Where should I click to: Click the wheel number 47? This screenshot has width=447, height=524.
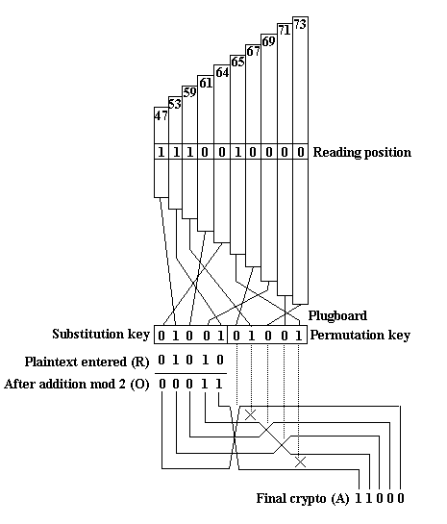click(x=161, y=115)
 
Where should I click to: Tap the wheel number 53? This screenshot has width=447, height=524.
click(x=175, y=104)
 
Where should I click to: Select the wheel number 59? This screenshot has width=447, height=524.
click(x=189, y=92)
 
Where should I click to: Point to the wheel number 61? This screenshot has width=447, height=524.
click(x=206, y=83)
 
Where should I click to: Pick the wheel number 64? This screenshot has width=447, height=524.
click(x=222, y=72)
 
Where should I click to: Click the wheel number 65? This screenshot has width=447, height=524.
click(x=237, y=62)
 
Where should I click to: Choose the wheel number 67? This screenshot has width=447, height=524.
click(x=253, y=51)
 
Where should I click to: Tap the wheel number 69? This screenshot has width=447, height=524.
click(x=268, y=41)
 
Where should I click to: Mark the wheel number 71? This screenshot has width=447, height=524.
click(x=285, y=31)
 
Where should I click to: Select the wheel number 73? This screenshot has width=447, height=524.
click(x=300, y=24)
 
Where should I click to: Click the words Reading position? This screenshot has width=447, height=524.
click(x=362, y=152)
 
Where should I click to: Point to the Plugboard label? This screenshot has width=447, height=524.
click(x=337, y=315)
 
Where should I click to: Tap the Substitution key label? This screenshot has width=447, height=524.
click(x=101, y=335)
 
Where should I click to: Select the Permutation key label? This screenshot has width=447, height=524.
click(x=360, y=336)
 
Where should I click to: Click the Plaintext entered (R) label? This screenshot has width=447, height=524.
click(x=87, y=362)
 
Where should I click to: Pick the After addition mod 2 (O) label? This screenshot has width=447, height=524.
click(x=77, y=384)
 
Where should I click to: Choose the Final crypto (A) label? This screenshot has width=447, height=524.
click(x=303, y=499)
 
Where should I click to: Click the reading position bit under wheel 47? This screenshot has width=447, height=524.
click(x=161, y=152)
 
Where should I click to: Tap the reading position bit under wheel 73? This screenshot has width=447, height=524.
click(x=300, y=152)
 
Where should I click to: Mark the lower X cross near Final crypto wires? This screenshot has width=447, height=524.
click(x=300, y=462)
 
